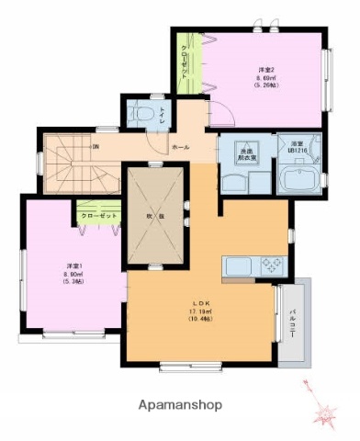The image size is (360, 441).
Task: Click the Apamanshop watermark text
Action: [180, 404]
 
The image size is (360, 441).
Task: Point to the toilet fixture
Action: [141, 115]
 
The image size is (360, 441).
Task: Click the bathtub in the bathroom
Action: [297, 177]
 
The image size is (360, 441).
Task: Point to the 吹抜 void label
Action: [156, 216]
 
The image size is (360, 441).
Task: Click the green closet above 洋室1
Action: [96, 215]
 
